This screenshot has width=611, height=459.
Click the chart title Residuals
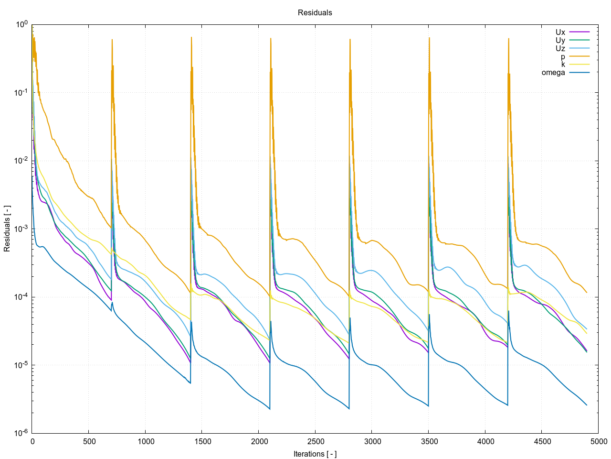(x=315, y=13)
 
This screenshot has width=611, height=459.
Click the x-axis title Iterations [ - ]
(x=315, y=454)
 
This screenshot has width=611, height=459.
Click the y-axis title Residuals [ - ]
(x=7, y=229)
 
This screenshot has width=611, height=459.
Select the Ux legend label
(x=560, y=33)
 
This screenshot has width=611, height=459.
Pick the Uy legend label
(x=560, y=41)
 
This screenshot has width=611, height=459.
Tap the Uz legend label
(x=560, y=48)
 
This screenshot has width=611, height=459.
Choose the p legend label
(x=563, y=56)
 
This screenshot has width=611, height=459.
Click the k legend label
(x=563, y=65)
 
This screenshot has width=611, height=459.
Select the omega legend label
(x=553, y=73)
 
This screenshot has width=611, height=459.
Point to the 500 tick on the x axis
(x=89, y=441)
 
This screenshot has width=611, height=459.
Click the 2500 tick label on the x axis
(x=316, y=441)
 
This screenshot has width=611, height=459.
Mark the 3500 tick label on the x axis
(x=429, y=441)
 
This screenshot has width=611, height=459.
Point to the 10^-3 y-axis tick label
(x=21, y=229)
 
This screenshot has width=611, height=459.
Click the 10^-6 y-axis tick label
(x=21, y=433)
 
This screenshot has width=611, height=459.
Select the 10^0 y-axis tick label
(x=22, y=24)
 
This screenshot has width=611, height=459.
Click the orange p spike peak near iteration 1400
(x=191, y=37)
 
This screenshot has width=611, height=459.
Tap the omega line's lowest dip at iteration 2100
(x=270, y=409)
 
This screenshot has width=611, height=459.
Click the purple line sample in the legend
(x=579, y=33)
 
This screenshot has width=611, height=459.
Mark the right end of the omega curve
(x=587, y=405)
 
